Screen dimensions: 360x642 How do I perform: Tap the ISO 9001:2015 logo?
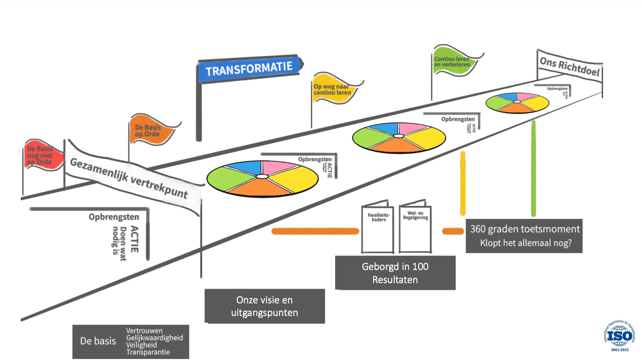tap(619, 335)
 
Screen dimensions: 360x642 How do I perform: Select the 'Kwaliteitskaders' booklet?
tap(377, 229)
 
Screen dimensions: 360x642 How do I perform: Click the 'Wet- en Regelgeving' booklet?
tap(416, 229)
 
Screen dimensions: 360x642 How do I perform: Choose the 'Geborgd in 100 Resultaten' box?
tap(395, 273)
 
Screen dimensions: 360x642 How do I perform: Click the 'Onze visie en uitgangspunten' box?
tap(264, 306)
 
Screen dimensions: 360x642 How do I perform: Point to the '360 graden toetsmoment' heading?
tap(525, 229)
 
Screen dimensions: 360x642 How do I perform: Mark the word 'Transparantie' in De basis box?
tap(148, 352)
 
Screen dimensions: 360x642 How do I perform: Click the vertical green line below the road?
tap(533, 172)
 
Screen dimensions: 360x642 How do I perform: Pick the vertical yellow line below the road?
tap(463, 185)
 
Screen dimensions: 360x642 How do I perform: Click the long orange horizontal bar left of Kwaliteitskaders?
tap(315, 232)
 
